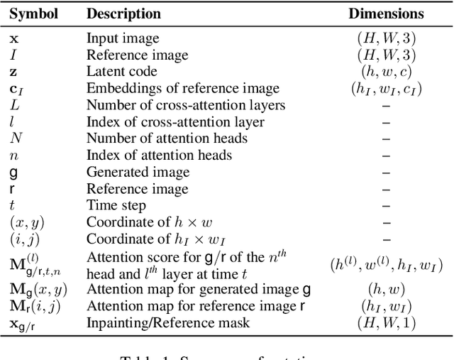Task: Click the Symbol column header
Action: [33, 13]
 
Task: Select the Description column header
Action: [123, 13]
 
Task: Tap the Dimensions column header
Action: [386, 13]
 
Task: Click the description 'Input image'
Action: [123, 38]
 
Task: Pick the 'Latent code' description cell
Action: [122, 72]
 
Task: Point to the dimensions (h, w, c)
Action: [386, 72]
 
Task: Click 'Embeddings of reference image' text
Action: [183, 89]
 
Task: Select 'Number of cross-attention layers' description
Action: [186, 105]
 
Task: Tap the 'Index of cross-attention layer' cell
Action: [175, 122]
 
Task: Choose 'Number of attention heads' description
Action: [167, 138]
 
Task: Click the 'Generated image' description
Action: [138, 172]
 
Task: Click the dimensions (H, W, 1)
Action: [386, 323]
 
